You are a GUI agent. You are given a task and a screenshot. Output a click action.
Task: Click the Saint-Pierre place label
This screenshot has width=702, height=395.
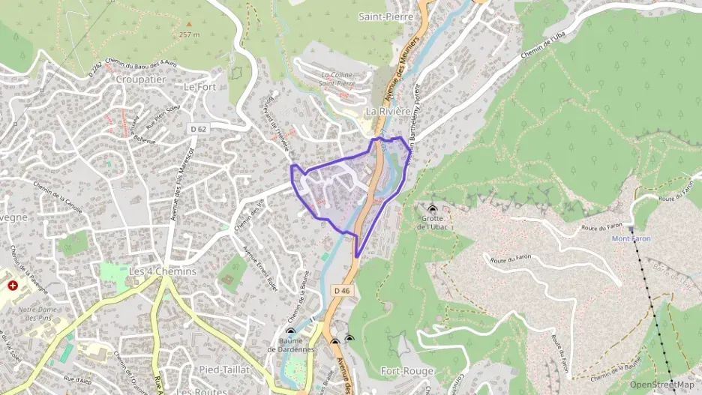click(x=385, y=16)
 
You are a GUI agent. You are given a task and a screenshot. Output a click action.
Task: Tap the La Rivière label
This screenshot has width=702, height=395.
click(x=388, y=110)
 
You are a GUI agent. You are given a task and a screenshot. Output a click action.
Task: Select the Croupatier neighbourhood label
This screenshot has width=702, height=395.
click(x=139, y=78)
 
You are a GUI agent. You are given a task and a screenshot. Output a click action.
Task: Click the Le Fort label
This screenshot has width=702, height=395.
click(x=199, y=86)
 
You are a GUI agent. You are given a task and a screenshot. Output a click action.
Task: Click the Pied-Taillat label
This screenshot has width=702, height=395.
click(x=224, y=370)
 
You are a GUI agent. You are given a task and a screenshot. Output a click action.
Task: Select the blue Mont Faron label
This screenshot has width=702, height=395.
click(x=631, y=238)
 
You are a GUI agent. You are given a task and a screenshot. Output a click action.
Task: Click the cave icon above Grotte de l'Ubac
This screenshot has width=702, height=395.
click(x=432, y=209)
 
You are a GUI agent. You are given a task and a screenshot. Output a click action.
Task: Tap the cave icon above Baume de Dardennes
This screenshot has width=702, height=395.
click(x=291, y=332)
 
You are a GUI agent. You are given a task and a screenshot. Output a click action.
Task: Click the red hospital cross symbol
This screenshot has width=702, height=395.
click(x=12, y=285)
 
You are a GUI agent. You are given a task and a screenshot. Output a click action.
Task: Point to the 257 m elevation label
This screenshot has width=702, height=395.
click(x=190, y=34)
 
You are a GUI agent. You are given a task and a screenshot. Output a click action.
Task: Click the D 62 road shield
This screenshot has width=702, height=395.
click(x=199, y=130)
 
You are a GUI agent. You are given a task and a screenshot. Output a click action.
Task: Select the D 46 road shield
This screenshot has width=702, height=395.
click(x=342, y=291)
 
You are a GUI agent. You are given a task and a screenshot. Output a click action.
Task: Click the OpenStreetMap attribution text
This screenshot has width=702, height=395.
click(x=661, y=385)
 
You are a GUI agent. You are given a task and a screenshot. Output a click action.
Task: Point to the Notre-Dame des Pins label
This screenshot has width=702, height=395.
click(x=37, y=313)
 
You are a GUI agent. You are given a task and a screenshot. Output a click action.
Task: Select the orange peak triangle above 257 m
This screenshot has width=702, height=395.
click(x=189, y=23)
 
